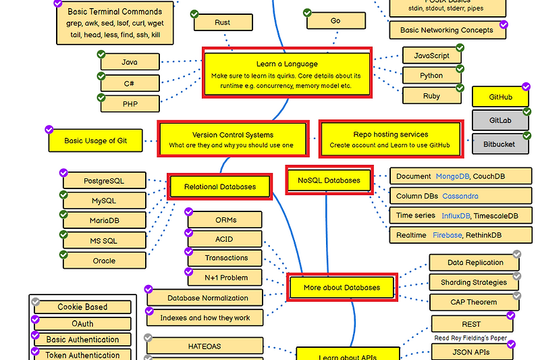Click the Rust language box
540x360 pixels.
coord(223,23)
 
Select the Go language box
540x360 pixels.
coord(335,21)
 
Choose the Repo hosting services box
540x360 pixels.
coord(390,140)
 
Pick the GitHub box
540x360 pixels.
coord(500,97)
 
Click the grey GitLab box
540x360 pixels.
coord(500,120)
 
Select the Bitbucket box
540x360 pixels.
coord(500,144)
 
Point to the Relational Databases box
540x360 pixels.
coord(220,186)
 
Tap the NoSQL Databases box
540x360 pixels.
coord(329,180)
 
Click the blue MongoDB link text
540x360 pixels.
coord(452,176)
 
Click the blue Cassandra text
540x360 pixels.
coord(460,196)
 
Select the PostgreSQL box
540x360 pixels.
coord(104,181)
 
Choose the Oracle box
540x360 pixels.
coord(104,261)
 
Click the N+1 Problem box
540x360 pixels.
coord(226,278)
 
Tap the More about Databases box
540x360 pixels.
coord(342,287)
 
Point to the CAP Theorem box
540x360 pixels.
coord(473,302)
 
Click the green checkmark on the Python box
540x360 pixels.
coord(460,69)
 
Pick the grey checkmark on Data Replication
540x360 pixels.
coord(516,255)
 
